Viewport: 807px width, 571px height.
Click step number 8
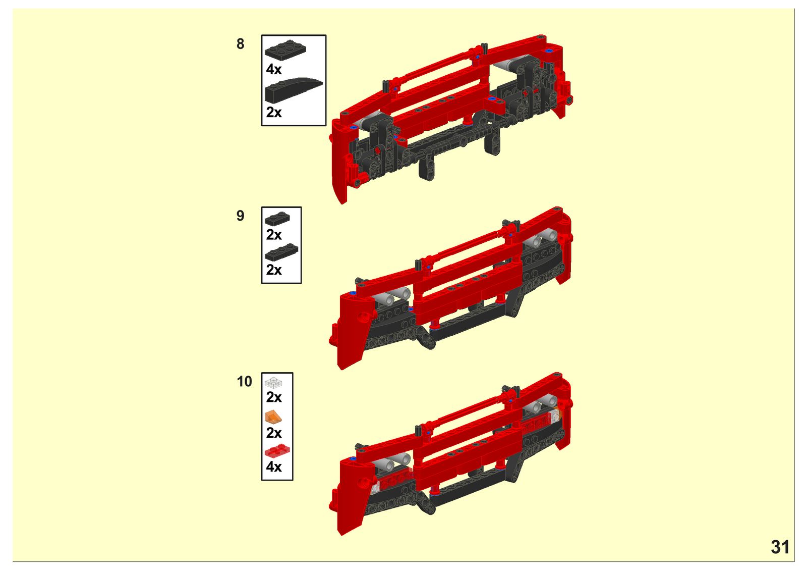[x=240, y=44]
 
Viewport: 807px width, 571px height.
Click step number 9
[x=240, y=216]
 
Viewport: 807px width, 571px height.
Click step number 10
[x=244, y=382]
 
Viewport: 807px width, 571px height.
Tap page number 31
[x=780, y=547]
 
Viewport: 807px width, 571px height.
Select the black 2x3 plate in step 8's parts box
[x=285, y=49]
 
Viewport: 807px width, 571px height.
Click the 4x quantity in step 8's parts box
[x=274, y=69]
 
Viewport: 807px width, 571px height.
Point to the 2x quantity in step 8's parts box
[x=274, y=113]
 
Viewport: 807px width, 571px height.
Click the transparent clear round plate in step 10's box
[x=273, y=383]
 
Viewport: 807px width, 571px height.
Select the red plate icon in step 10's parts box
[x=277, y=451]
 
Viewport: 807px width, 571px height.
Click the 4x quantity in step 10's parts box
[x=274, y=467]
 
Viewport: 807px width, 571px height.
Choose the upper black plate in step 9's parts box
[x=277, y=219]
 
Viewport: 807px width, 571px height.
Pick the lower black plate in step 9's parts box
[x=281, y=252]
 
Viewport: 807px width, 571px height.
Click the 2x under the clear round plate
[x=274, y=397]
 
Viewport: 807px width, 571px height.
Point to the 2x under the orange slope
[x=274, y=433]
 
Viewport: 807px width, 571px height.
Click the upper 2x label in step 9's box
[x=274, y=235]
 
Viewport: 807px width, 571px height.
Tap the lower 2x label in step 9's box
[x=274, y=270]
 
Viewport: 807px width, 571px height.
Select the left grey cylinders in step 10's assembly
[x=392, y=462]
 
